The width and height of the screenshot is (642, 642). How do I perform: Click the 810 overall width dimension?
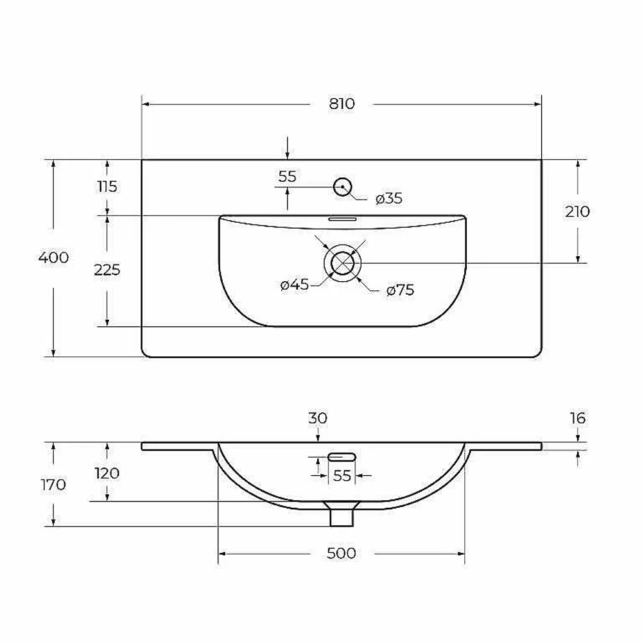point(342,103)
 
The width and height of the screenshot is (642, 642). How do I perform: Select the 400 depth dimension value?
point(53,257)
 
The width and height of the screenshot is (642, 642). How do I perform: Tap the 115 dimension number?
point(107,187)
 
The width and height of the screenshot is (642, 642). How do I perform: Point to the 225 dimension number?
point(107,270)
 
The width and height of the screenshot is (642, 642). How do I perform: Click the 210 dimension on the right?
point(577,212)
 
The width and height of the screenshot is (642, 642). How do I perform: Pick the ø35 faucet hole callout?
point(389,198)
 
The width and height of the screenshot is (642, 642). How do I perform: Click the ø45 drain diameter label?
point(295,284)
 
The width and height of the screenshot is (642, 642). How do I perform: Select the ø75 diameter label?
point(400,290)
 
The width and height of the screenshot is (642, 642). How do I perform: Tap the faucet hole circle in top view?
point(343,187)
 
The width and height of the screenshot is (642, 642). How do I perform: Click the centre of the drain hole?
point(343,263)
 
